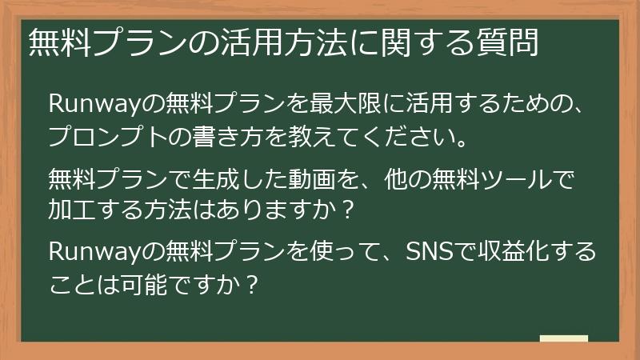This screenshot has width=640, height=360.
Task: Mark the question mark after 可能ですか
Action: [252, 286]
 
